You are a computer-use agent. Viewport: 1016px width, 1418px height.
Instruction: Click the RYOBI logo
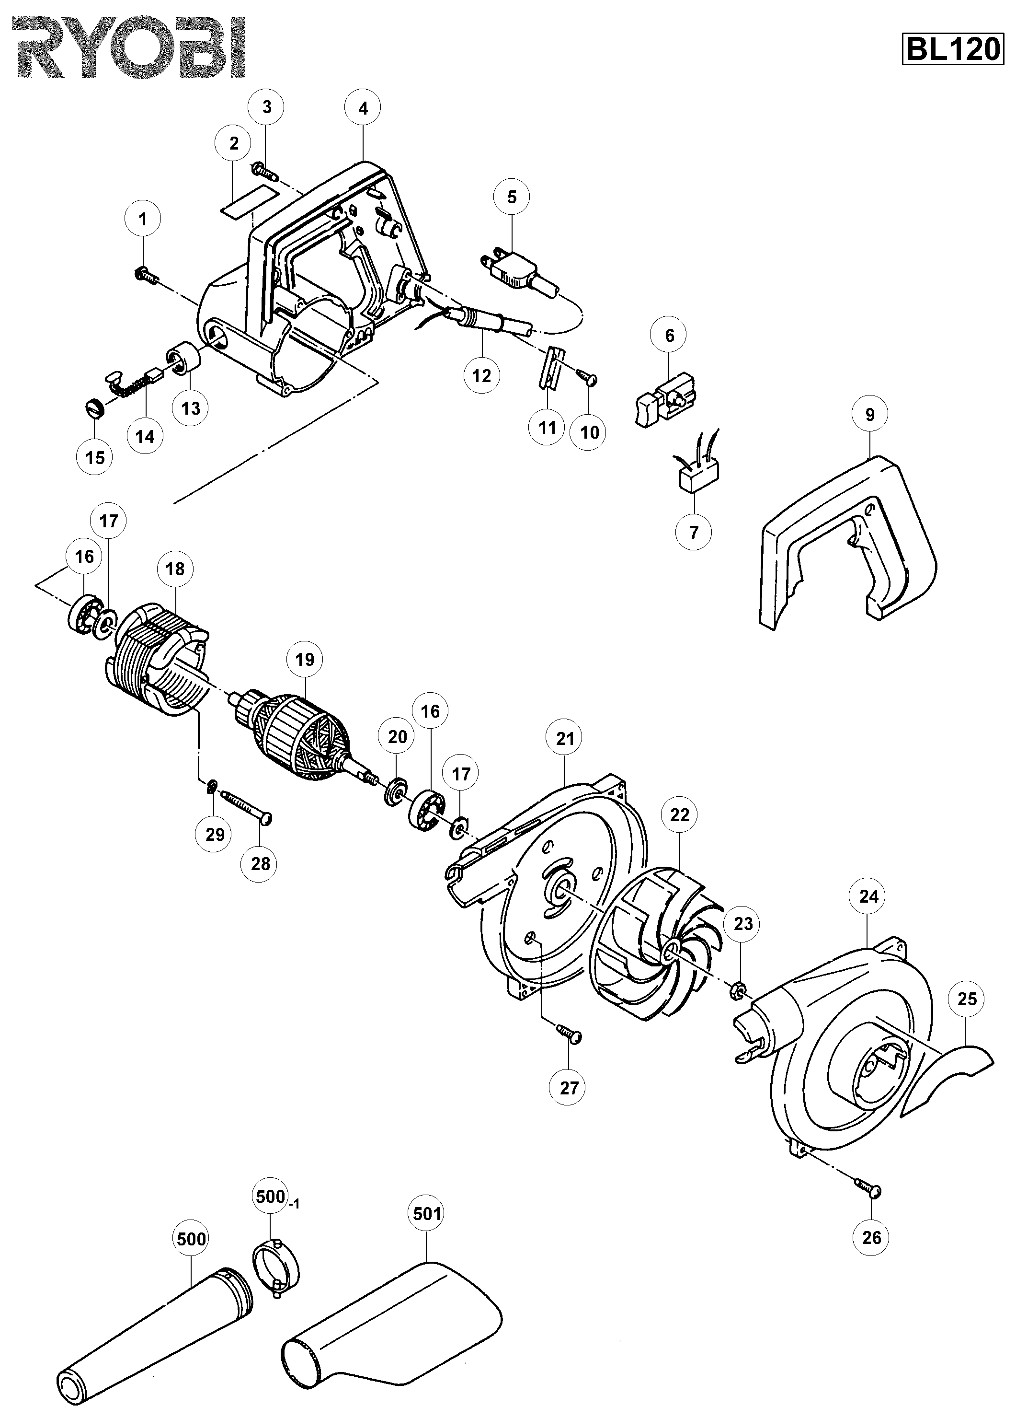point(130,47)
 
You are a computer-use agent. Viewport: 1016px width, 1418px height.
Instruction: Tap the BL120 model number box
point(952,49)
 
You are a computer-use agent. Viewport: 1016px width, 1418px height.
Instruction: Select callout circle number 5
point(512,198)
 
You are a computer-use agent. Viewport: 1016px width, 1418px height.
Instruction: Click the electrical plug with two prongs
point(513,273)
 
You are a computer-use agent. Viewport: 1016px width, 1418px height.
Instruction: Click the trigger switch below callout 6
point(665,398)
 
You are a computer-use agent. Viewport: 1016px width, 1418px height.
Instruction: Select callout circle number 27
point(569,1088)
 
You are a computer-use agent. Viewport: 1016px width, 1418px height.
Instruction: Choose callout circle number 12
point(482,375)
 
